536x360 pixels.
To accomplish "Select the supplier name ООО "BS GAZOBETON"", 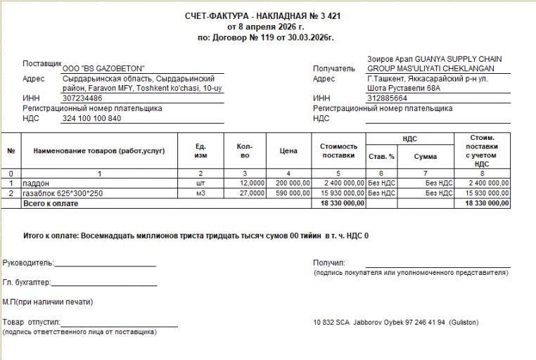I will click(103, 68).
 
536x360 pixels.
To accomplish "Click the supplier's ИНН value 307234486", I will click(82, 98).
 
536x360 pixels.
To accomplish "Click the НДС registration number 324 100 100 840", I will click(91, 119).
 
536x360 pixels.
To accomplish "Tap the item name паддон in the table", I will click(37, 183).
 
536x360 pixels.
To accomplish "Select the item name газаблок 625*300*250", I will click(63, 193).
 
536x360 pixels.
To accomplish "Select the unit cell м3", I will click(200, 193).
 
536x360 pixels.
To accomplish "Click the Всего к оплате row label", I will click(51, 203).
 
